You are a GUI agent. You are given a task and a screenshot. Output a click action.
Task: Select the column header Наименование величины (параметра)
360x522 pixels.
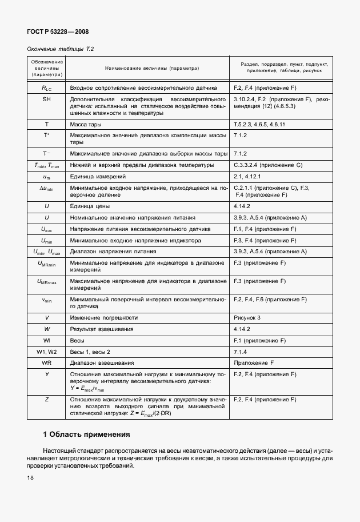(x=151, y=68)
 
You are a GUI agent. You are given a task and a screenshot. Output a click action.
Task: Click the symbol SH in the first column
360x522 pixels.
(x=47, y=99)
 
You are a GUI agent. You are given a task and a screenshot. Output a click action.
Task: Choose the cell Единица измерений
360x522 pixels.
(x=95, y=177)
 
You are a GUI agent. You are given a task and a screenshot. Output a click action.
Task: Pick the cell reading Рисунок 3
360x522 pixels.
(x=247, y=317)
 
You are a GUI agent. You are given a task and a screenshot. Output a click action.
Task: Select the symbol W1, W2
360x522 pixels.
(x=47, y=351)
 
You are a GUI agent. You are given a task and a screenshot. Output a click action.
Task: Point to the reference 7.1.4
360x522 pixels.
(x=240, y=351)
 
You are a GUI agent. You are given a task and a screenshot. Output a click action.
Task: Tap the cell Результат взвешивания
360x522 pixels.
(x=101, y=329)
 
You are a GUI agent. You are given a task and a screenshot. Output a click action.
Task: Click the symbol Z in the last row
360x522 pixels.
(x=47, y=399)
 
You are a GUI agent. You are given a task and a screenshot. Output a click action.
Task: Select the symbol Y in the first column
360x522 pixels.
(x=47, y=374)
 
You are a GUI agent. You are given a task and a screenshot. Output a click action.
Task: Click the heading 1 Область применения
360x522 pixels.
(x=87, y=434)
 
